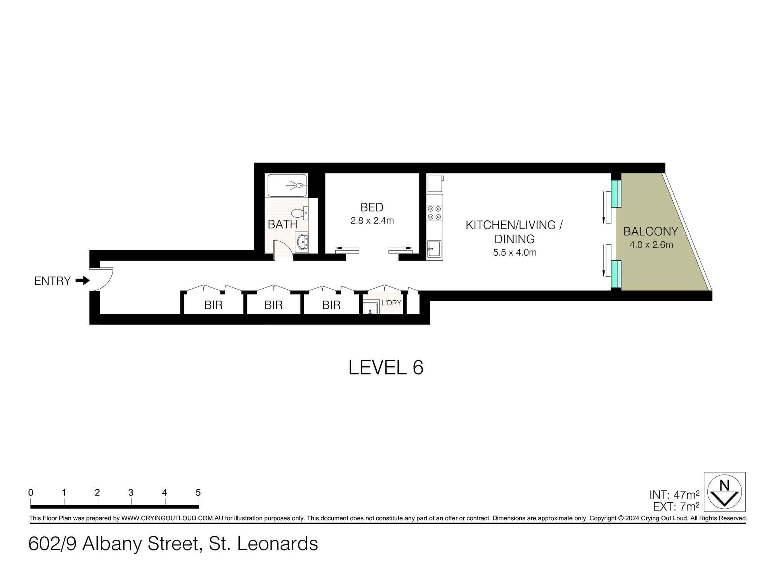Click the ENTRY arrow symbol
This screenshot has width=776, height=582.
(x=82, y=281)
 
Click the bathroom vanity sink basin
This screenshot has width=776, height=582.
(x=301, y=242)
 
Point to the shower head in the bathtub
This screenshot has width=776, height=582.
(x=299, y=185)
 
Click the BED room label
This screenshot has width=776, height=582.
(x=372, y=207)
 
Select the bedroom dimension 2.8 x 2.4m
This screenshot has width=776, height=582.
(x=372, y=221)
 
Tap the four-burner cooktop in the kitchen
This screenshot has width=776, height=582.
(x=434, y=213)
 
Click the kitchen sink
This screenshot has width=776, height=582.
(x=434, y=248)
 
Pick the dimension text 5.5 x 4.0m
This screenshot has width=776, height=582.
(x=514, y=253)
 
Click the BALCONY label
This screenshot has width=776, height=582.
(x=651, y=232)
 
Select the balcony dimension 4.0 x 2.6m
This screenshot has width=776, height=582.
(x=651, y=245)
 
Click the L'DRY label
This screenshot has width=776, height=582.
(x=391, y=303)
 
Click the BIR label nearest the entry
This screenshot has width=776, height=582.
(x=213, y=305)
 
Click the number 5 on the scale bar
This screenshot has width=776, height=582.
(x=198, y=493)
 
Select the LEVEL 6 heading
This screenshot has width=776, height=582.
(x=386, y=367)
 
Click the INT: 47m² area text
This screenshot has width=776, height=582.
(x=674, y=495)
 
